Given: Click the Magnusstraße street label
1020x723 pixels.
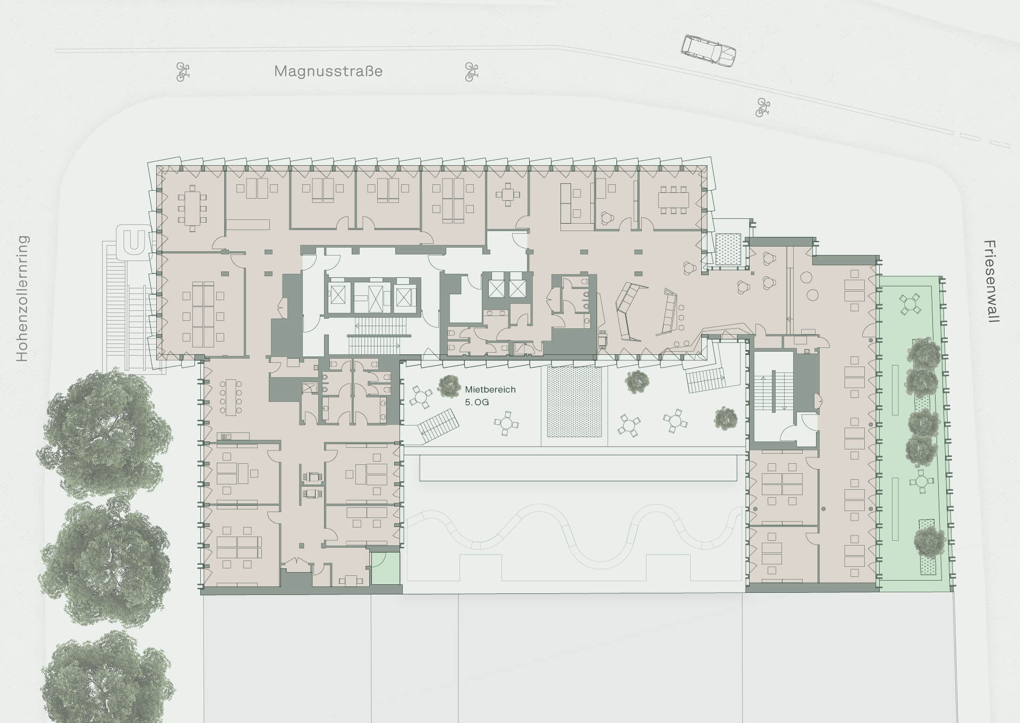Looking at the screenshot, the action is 328,71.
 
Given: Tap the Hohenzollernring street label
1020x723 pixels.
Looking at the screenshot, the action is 22,299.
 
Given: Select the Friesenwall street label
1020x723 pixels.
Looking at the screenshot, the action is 991,282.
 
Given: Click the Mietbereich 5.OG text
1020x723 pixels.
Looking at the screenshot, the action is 490,396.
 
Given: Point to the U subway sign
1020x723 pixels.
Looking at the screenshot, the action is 133,241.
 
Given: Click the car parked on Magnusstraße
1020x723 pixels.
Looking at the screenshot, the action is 709,51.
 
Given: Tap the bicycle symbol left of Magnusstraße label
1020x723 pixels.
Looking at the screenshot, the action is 183,71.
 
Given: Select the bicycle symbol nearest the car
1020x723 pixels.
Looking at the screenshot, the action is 763,107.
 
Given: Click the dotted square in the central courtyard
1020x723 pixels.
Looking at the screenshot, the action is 575,401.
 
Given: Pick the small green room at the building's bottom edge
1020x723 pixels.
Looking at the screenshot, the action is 385,569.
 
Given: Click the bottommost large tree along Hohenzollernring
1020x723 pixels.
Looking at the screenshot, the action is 107,677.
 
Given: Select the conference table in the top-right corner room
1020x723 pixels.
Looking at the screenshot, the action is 673,200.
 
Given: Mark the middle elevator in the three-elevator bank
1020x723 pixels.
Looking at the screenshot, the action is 368,297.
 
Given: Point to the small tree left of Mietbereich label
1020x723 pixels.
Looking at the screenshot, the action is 449,386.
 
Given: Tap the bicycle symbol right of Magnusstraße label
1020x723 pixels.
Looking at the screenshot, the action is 471,72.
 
